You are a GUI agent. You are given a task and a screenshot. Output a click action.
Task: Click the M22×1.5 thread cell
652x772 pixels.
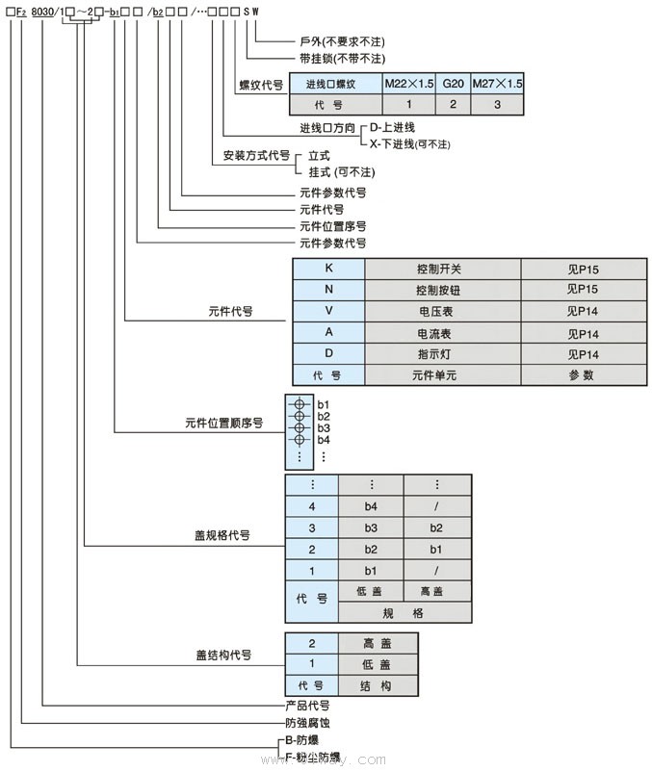(409, 85)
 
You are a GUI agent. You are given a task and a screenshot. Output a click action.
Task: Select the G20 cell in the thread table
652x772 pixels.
(453, 85)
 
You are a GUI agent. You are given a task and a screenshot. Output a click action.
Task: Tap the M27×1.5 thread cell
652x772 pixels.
(498, 85)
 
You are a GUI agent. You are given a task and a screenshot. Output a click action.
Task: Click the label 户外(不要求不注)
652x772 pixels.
(341, 42)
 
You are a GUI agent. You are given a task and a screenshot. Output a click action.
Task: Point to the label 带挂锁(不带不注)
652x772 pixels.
(341, 59)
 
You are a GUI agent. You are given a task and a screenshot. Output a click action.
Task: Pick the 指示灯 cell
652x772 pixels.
(442, 354)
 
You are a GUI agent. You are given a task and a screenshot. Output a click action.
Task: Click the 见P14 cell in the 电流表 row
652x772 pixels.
(583, 333)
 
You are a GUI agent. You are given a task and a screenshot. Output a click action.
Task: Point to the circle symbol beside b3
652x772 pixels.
(300, 427)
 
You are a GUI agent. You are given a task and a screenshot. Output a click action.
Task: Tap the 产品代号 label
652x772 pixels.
(307, 706)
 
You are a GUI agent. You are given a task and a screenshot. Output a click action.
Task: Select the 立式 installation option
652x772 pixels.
(319, 155)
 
